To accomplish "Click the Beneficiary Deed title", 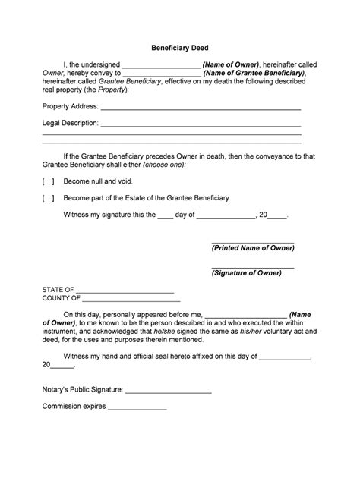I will coord(179,47).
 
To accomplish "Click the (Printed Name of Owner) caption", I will coord(253,248).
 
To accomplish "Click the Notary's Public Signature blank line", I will coord(168,392).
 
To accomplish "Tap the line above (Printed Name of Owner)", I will coord(253,241).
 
